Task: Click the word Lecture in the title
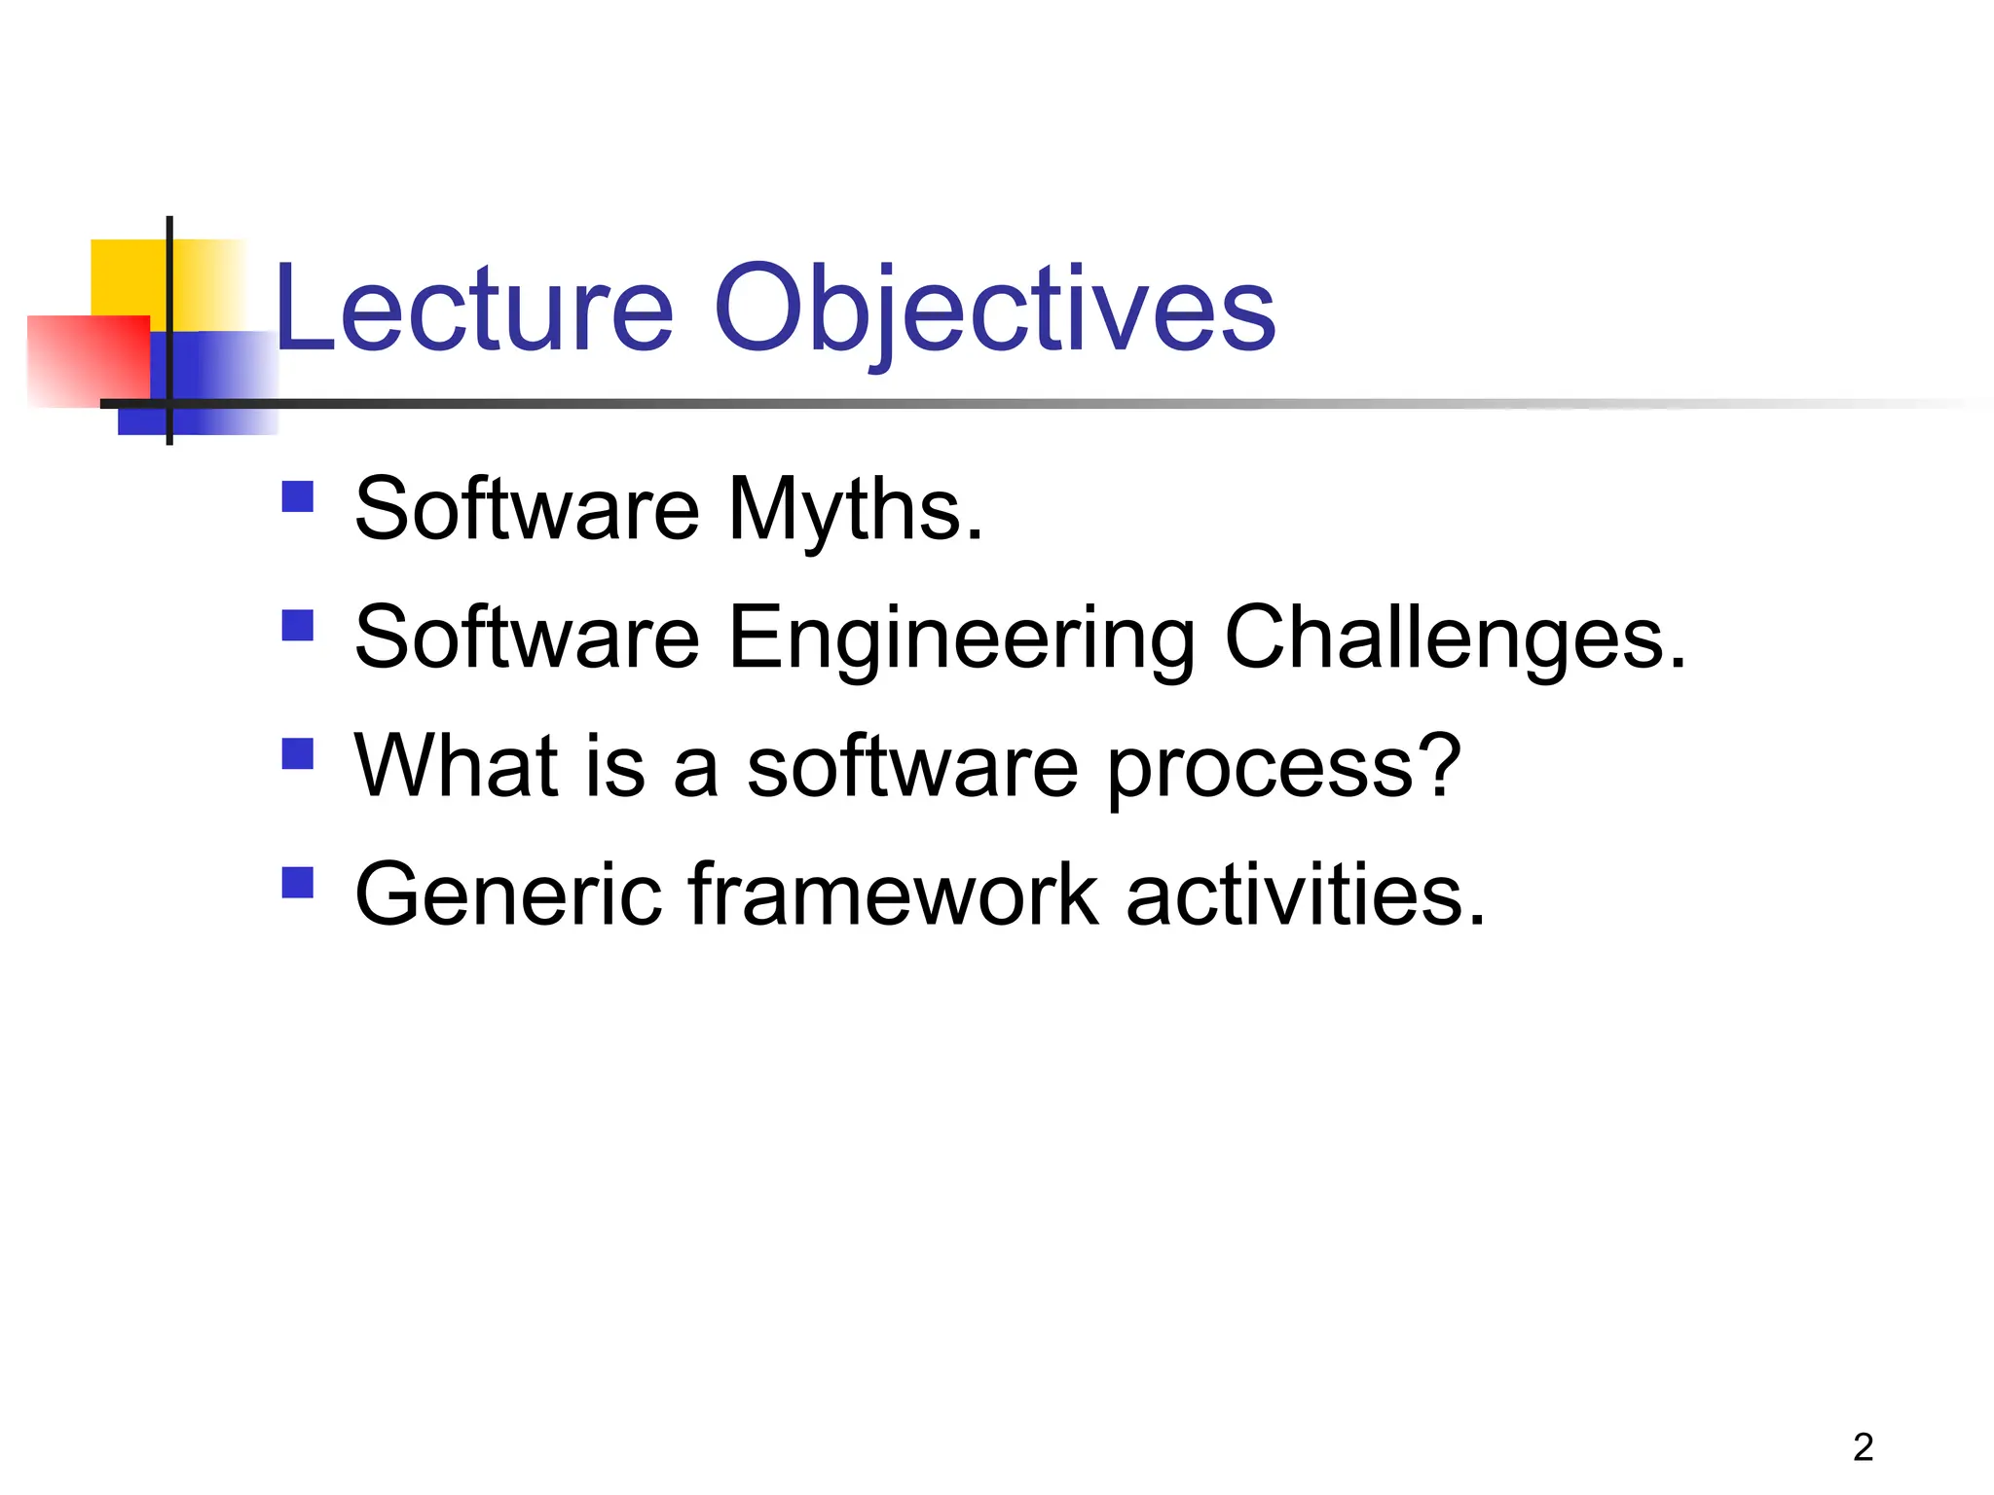[x=474, y=310]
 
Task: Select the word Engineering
[x=960, y=638]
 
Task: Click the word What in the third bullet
[x=455, y=766]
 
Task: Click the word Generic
[x=507, y=894]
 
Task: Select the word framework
[x=893, y=894]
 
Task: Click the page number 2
[x=1863, y=1447]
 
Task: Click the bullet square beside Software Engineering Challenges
[x=298, y=625]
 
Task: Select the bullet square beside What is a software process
[x=298, y=753]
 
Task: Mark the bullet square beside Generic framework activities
[x=298, y=882]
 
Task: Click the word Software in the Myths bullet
[x=526, y=510]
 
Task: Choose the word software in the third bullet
[x=911, y=766]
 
